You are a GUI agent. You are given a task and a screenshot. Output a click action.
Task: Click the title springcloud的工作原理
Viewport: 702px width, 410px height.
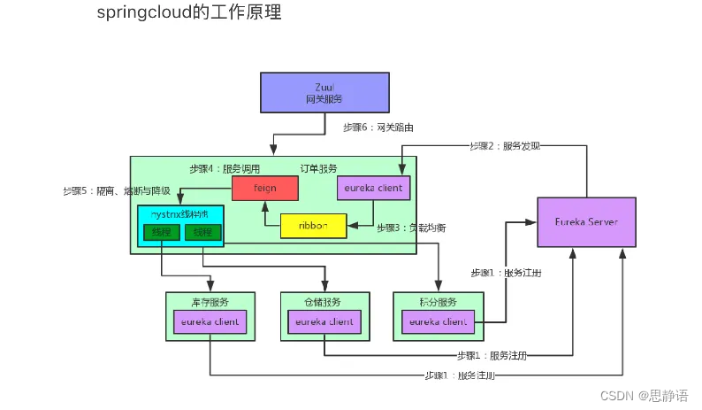(189, 13)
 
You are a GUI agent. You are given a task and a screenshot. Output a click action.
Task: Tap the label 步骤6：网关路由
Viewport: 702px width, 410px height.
(378, 128)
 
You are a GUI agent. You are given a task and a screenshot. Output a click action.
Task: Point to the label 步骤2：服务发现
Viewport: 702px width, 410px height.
(505, 145)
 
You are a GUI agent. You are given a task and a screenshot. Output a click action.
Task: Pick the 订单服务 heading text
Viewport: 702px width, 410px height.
(317, 168)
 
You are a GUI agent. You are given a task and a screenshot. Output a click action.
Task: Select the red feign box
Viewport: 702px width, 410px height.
(264, 188)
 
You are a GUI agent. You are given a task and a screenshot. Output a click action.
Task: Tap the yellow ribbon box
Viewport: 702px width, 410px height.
(313, 226)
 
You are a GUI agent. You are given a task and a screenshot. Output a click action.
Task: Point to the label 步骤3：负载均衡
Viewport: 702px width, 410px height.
(411, 228)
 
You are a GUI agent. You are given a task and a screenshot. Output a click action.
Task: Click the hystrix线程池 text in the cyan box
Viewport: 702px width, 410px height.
(180, 214)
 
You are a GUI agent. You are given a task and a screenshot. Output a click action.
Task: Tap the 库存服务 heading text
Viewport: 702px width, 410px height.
(210, 302)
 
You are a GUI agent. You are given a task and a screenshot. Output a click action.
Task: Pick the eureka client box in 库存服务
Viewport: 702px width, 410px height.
(210, 322)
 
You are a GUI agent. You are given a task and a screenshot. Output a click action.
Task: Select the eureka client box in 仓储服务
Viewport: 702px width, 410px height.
(324, 322)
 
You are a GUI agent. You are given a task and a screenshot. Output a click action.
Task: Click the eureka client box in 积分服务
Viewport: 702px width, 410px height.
(437, 322)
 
